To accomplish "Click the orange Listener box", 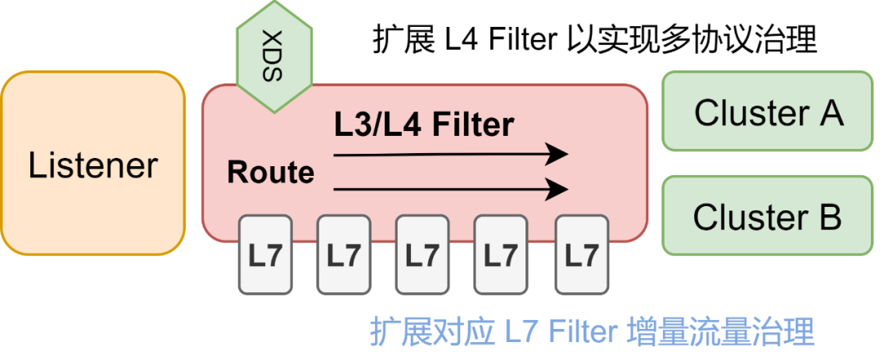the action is tap(92, 164).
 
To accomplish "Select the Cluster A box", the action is tap(767, 111).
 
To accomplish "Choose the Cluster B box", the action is tap(767, 217).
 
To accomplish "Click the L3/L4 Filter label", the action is tap(424, 124).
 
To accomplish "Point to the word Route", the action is tap(270, 173).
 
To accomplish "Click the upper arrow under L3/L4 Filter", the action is tap(450, 154).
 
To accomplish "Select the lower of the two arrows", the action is tap(450, 190).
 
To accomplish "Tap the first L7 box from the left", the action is tap(265, 254).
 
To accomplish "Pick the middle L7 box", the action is tap(422, 254).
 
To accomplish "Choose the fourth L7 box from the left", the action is tap(501, 254).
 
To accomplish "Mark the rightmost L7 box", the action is tap(581, 254).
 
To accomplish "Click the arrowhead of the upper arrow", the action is tap(559, 154).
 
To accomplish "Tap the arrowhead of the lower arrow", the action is tap(559, 190).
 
